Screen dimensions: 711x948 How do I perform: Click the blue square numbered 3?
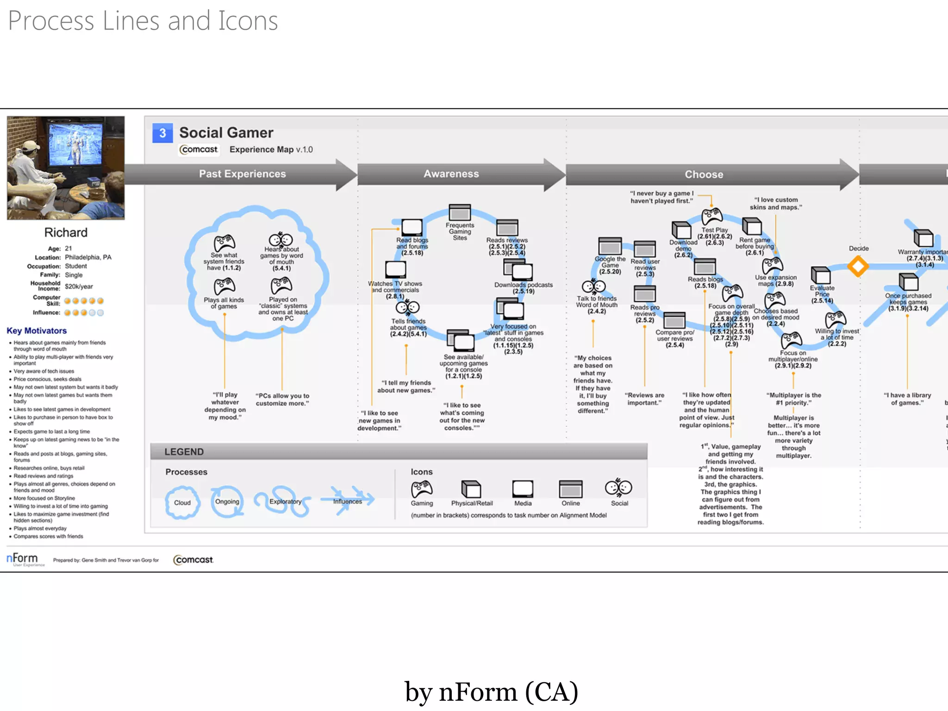(162, 133)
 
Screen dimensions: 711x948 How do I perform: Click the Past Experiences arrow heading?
(242, 174)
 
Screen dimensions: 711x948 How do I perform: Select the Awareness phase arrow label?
(451, 174)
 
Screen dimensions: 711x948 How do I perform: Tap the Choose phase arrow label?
(704, 175)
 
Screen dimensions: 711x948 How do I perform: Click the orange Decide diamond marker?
(858, 267)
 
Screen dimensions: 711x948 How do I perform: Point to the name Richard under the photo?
(66, 232)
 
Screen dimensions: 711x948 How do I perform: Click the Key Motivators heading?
(37, 331)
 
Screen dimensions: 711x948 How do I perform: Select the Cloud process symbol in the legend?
(182, 502)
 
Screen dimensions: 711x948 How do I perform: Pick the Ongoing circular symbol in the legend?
(227, 501)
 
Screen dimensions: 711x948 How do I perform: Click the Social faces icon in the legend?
(618, 488)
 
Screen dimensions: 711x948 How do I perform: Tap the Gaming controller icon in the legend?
(421, 489)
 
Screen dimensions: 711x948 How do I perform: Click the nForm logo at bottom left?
(22, 559)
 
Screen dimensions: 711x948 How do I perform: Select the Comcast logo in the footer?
(193, 560)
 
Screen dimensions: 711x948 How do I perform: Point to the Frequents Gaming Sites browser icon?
(460, 212)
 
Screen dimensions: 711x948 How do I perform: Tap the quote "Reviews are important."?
(644, 399)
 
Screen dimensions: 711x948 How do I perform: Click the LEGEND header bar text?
(184, 452)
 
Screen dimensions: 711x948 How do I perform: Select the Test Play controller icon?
(711, 217)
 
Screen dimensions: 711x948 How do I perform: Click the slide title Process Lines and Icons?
(143, 21)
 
